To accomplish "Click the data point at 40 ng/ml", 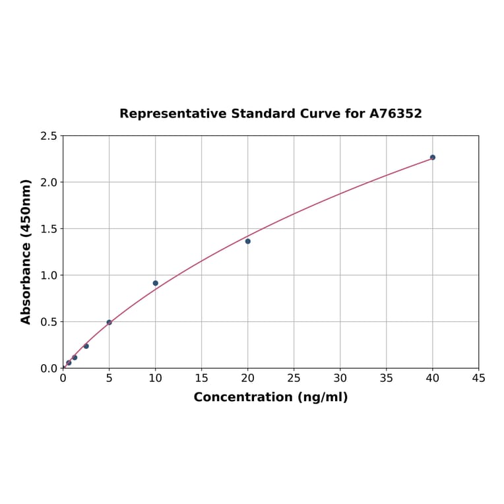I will pyautogui.click(x=433, y=158).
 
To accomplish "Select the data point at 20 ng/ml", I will pyautogui.click(x=248, y=241).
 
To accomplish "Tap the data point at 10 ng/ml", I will pyautogui.click(x=156, y=283).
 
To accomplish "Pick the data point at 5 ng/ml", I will pyautogui.click(x=110, y=323).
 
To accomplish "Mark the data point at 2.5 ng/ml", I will pyautogui.click(x=86, y=346).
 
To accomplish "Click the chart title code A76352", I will pyautogui.click(x=395, y=113).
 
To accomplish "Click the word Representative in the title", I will pyautogui.click(x=173, y=113).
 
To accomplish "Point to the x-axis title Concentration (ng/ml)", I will pyautogui.click(x=270, y=397).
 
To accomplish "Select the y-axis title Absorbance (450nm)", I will pyautogui.click(x=26, y=251).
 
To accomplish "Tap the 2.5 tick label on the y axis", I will pyautogui.click(x=49, y=136).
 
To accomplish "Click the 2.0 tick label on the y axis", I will pyautogui.click(x=49, y=182).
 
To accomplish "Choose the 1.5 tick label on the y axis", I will pyautogui.click(x=49, y=229).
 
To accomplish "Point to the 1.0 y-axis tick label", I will pyautogui.click(x=49, y=275).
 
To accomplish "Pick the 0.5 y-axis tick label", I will pyautogui.click(x=49, y=322).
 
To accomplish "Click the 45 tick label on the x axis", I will pyautogui.click(x=479, y=378).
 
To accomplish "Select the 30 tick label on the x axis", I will pyautogui.click(x=340, y=378).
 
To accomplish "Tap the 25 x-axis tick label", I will pyautogui.click(x=294, y=378).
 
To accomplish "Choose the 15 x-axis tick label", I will pyautogui.click(x=202, y=378).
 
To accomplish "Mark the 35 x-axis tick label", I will pyautogui.click(x=387, y=378).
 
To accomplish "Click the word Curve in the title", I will pyautogui.click(x=321, y=113).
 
